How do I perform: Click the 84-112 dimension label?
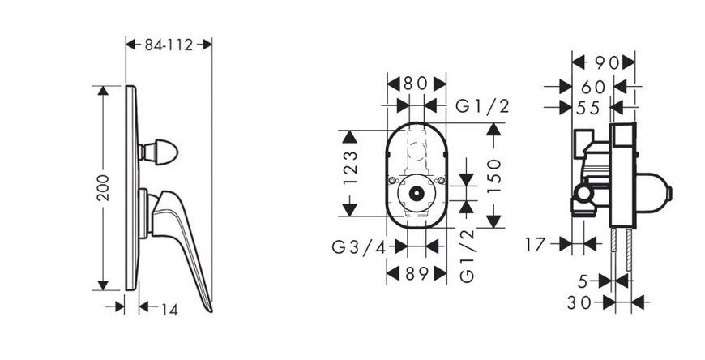click(169, 45)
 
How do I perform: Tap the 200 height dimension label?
click(103, 187)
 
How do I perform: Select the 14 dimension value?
click(169, 310)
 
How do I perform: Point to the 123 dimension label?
click(350, 168)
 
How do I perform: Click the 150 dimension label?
click(493, 176)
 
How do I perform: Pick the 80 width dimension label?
click(417, 84)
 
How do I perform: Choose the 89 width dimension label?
click(417, 273)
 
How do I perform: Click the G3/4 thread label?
click(359, 247)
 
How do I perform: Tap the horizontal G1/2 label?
click(482, 107)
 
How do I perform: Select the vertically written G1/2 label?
click(467, 255)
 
